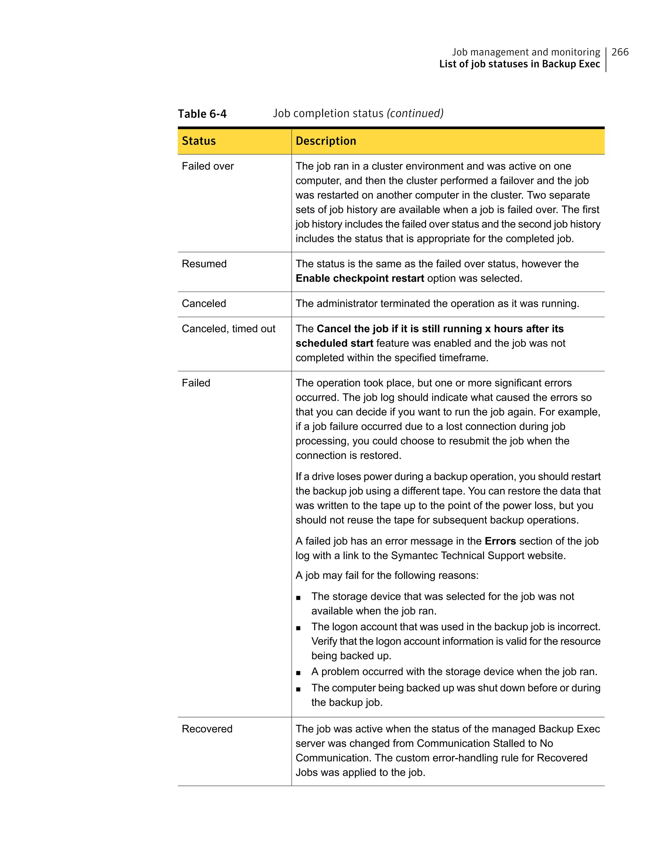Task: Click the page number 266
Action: (620, 52)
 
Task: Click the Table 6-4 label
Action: (202, 114)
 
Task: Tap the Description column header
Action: (326, 141)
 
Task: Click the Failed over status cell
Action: (207, 166)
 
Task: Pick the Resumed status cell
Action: (204, 264)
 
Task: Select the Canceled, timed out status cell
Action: (228, 329)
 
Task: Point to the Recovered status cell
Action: (207, 729)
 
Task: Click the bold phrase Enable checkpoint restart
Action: (360, 278)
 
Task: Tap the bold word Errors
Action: (500, 541)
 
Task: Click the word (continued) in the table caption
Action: (415, 114)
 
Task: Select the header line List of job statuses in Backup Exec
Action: (519, 64)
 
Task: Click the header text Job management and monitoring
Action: (526, 52)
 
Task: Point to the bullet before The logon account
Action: (298, 628)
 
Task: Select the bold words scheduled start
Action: (334, 343)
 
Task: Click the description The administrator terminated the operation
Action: (437, 304)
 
